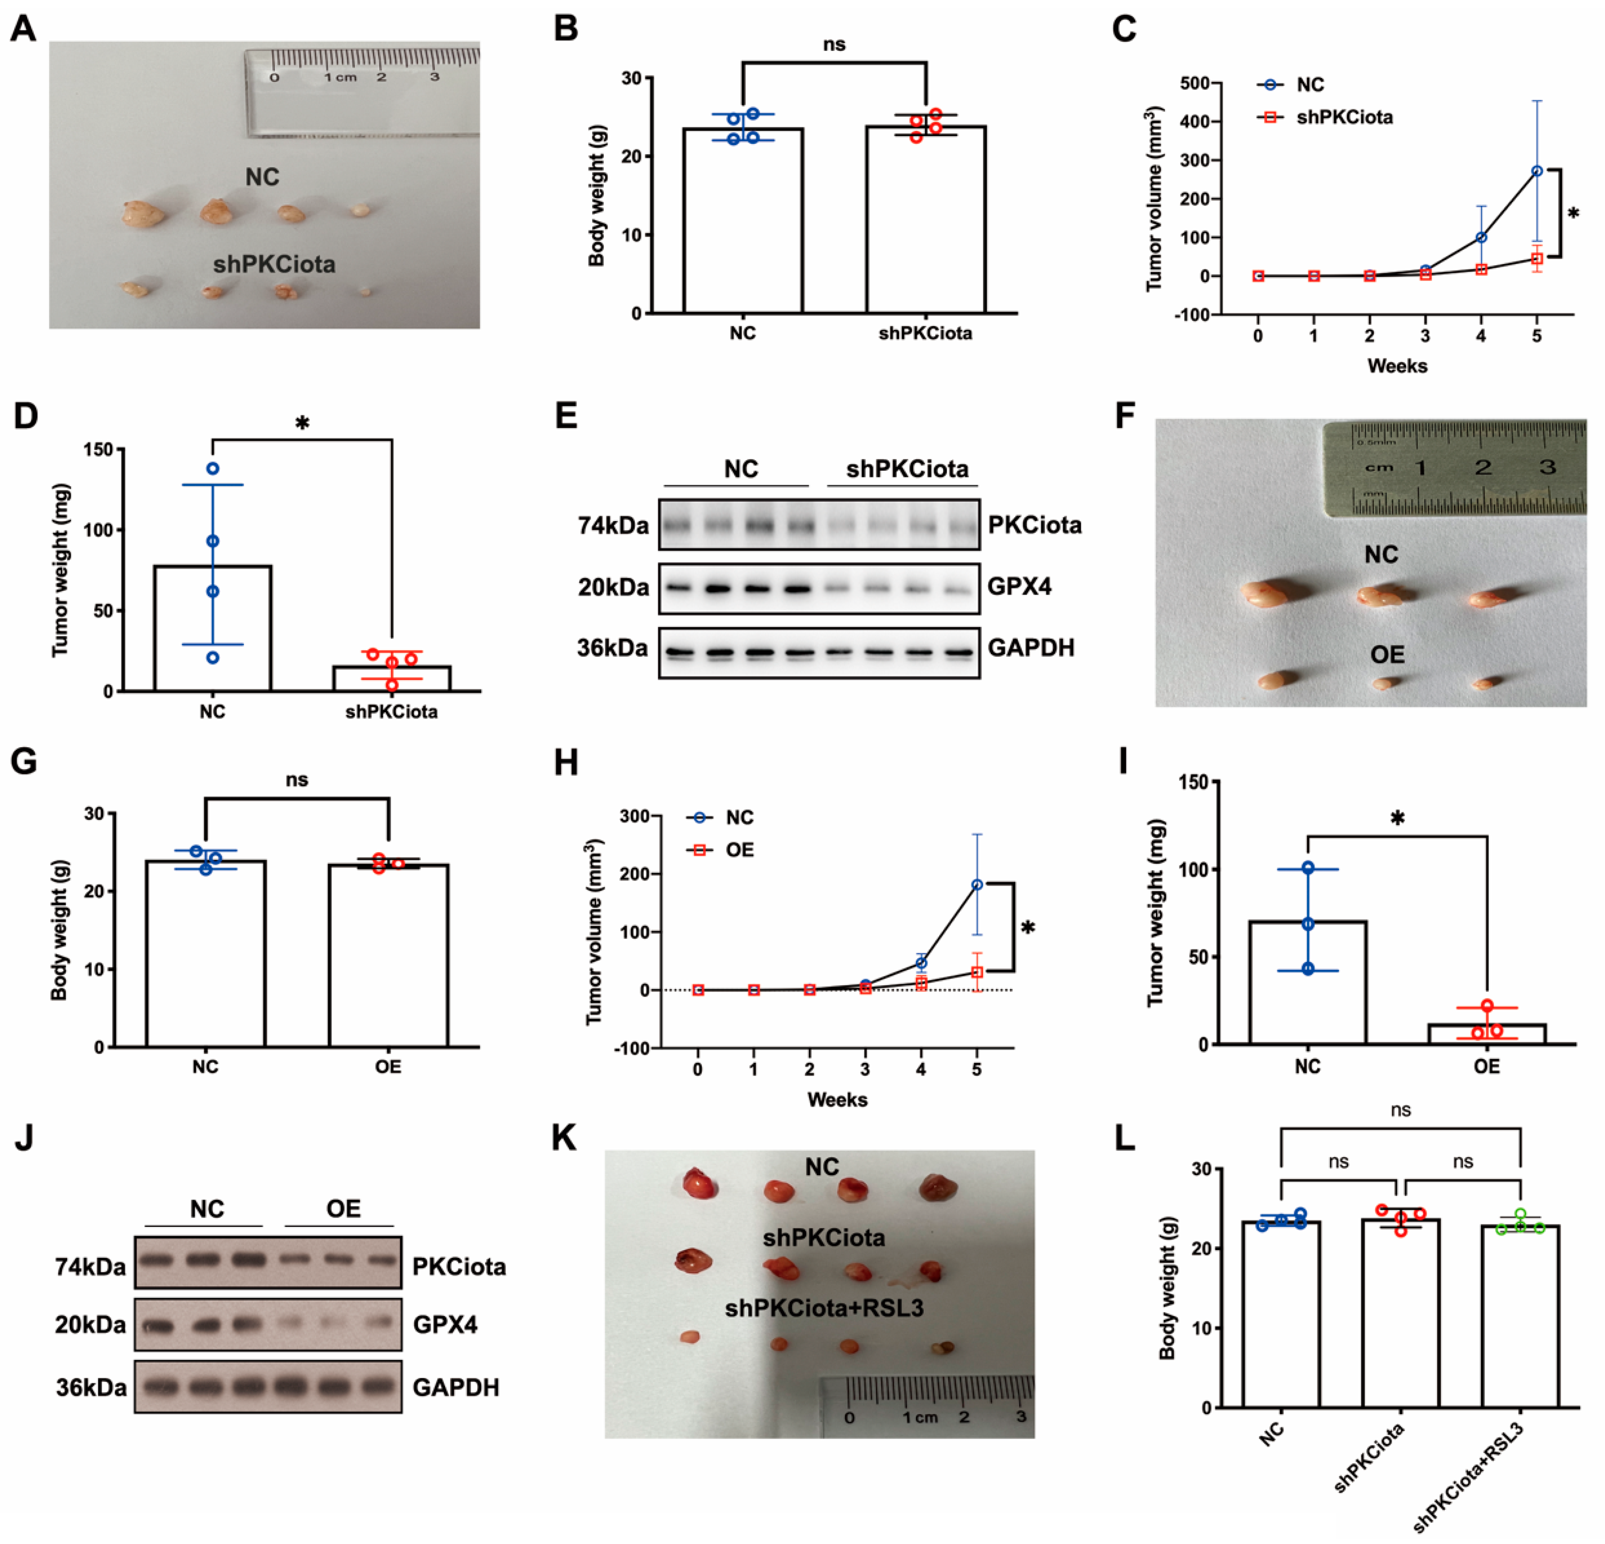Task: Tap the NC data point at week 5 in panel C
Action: (1536, 171)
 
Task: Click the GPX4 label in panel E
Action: (1019, 587)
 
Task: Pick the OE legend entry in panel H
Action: (739, 850)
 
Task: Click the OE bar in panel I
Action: (1486, 1034)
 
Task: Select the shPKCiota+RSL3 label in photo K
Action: (824, 1308)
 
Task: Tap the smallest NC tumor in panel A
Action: (360, 211)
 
